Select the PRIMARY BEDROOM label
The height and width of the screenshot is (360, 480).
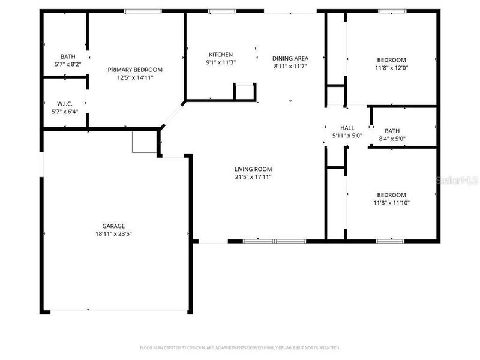(135, 70)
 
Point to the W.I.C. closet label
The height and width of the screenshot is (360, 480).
(65, 103)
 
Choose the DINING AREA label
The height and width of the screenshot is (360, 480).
(290, 58)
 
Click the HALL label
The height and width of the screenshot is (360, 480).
(347, 128)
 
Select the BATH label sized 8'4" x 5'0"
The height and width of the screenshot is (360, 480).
(392, 131)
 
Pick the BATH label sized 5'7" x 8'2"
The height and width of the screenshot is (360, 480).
(67, 57)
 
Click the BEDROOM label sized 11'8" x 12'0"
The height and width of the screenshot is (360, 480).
(391, 60)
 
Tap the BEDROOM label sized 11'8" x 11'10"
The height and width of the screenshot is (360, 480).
(391, 195)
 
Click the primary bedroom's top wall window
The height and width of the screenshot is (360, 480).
(142, 11)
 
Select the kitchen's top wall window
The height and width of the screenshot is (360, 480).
(221, 11)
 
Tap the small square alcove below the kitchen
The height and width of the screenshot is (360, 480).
(245, 92)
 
